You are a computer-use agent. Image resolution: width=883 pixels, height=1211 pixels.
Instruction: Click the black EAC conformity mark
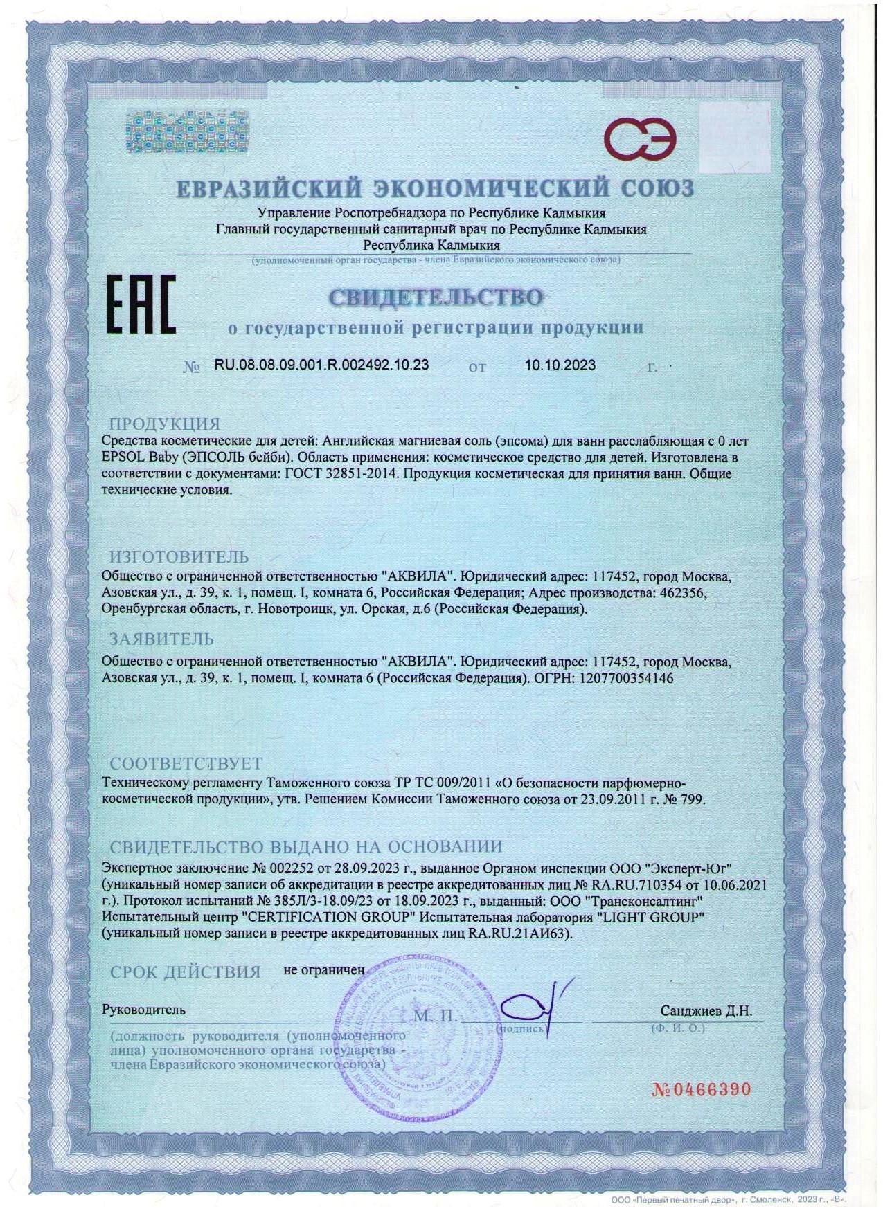point(140,304)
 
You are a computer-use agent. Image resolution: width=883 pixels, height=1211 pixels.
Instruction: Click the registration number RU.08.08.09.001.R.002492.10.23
point(321,365)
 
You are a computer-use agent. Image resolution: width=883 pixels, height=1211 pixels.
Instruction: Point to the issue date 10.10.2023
point(560,365)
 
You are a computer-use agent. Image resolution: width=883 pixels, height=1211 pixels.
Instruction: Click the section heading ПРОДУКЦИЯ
point(165,424)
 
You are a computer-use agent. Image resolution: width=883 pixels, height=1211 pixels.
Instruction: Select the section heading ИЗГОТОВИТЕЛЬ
point(179,556)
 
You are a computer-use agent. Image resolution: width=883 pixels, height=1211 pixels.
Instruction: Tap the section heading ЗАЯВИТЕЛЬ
point(162,638)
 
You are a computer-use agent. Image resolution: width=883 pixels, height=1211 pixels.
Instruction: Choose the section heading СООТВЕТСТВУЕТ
point(186,763)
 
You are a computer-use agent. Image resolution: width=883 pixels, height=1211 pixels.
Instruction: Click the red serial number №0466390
point(702,1089)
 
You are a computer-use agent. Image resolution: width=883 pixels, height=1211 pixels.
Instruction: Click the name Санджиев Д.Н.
point(706,1011)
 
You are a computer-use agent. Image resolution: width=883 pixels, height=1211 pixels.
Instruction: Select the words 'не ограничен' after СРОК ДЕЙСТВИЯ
point(323,970)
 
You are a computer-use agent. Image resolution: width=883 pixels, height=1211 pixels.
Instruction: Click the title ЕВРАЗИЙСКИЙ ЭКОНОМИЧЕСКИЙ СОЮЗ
point(434,188)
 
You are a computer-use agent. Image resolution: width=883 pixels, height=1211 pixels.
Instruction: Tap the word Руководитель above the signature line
point(143,1010)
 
